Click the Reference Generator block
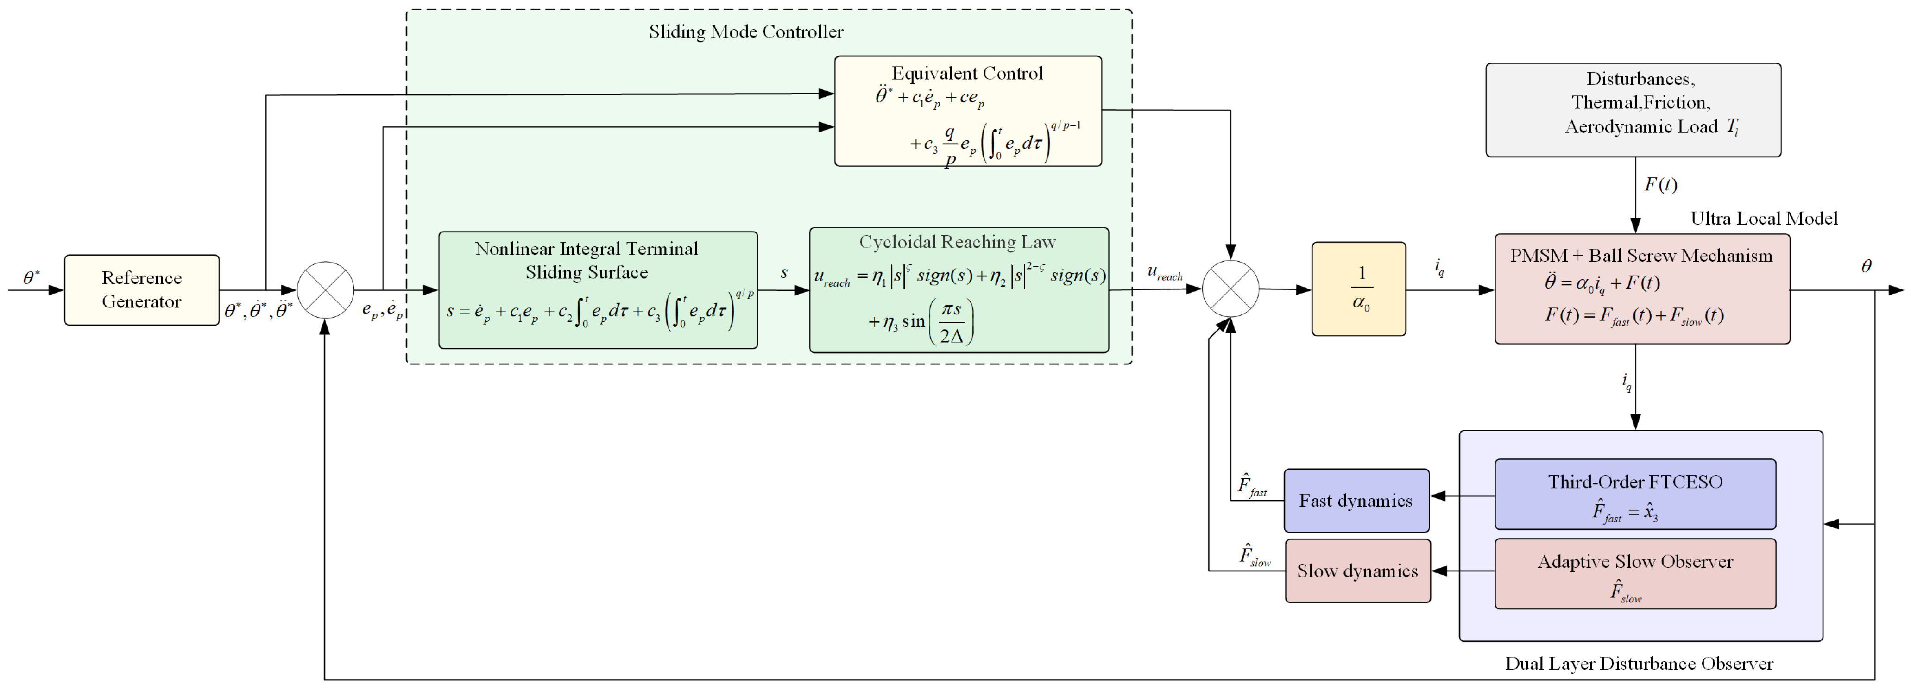pos(142,290)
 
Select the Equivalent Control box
pos(968,111)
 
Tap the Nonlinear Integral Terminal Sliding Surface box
pos(598,290)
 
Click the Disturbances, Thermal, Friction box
pos(1633,110)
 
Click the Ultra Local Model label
pos(1764,218)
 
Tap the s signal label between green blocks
pos(784,273)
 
